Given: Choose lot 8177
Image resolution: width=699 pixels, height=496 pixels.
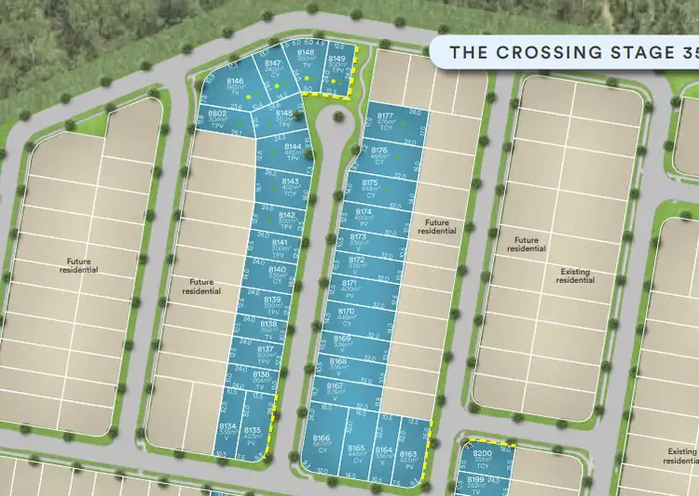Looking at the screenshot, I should coord(385,123).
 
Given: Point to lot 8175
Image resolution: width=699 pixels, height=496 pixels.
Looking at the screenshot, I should coord(370,187).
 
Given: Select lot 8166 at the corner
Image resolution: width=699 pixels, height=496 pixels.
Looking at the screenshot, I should coord(322,443).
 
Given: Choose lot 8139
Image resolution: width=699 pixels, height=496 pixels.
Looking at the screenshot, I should coord(272,302).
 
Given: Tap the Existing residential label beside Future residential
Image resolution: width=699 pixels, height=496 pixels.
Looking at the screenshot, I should coord(575,275).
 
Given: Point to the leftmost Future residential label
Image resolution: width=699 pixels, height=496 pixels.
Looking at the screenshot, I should coord(82,265).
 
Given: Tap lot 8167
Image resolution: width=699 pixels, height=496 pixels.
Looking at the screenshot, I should coord(336,389).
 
